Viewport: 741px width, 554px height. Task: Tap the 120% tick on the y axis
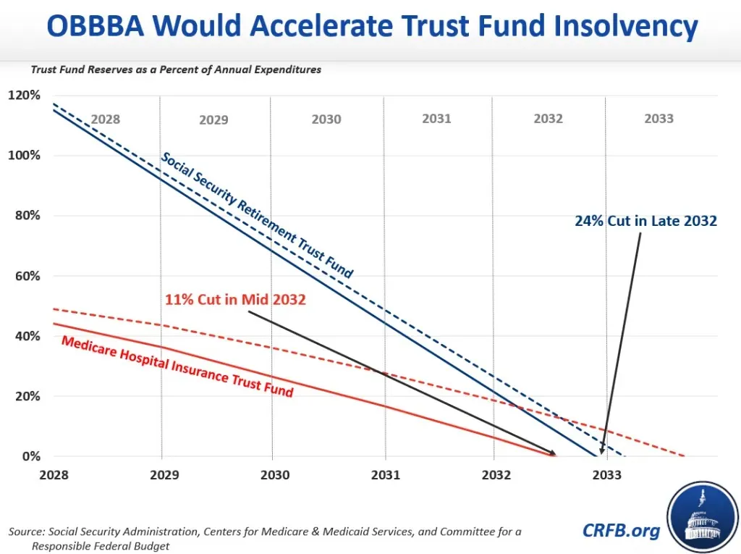(x=25, y=96)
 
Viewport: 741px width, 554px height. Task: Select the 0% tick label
(x=31, y=456)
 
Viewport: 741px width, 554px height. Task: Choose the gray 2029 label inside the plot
(x=213, y=119)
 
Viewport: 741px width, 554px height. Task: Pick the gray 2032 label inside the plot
(x=548, y=119)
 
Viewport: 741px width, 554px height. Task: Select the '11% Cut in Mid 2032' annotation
(x=236, y=299)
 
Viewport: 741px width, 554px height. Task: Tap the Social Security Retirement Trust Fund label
(x=257, y=216)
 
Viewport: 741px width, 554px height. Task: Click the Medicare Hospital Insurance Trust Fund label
(x=177, y=366)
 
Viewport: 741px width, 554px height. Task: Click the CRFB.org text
(x=621, y=531)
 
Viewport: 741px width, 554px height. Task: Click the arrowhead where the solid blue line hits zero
(x=601, y=451)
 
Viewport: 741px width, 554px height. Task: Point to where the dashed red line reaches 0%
(x=683, y=456)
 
